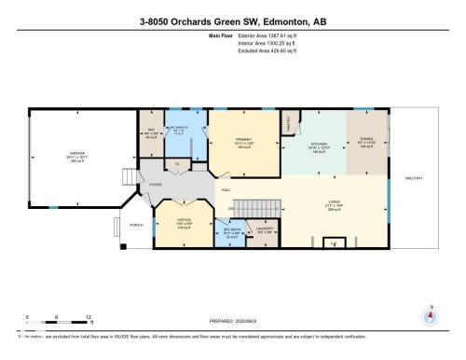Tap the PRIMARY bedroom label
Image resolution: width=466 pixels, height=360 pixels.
(244, 140)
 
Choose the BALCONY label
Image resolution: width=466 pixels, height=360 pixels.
(413, 178)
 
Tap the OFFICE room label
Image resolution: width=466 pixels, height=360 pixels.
(183, 223)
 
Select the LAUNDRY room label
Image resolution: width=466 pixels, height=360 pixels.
(264, 229)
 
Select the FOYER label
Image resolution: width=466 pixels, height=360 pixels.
(143, 185)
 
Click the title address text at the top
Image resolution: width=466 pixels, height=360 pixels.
(232, 21)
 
